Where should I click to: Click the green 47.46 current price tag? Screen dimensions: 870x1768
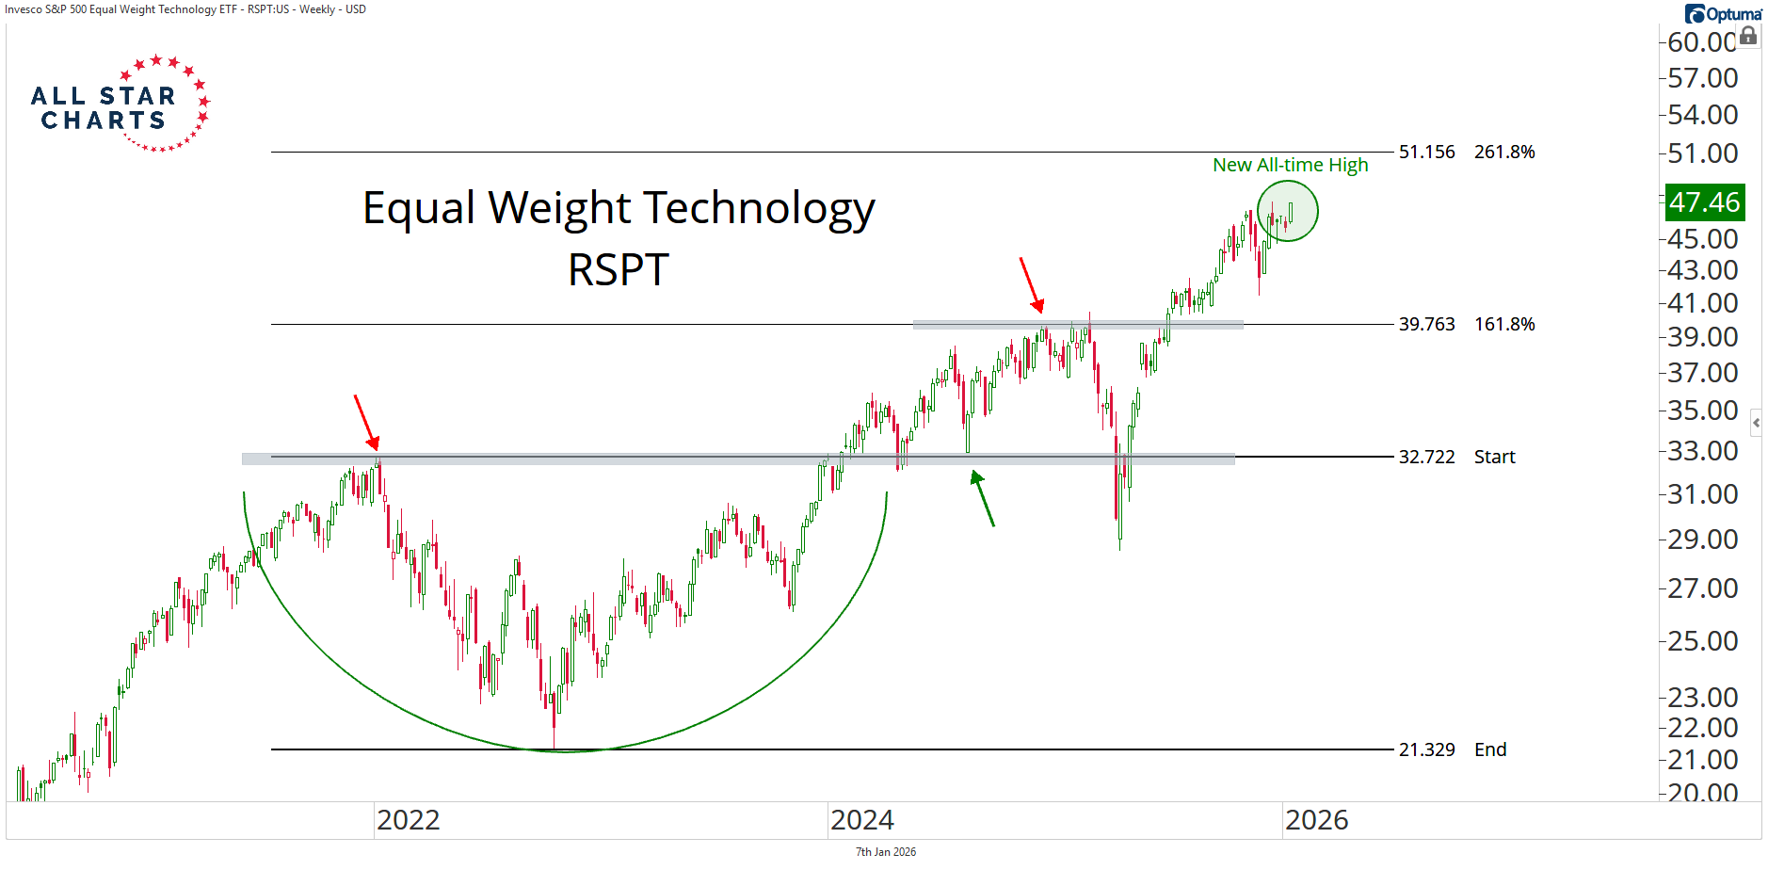[x=1704, y=202]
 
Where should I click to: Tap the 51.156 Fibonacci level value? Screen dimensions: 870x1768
[x=1426, y=152]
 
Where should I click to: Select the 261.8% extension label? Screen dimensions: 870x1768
[x=1504, y=152]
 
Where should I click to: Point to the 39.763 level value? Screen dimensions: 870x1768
[x=1426, y=324]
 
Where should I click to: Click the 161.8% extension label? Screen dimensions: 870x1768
[x=1504, y=324]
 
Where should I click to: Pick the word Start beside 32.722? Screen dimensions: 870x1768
[x=1494, y=457]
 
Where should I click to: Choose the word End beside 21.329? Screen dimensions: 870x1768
[x=1490, y=749]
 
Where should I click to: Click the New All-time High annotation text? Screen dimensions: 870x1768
[x=1290, y=165]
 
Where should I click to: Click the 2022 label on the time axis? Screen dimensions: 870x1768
[x=408, y=820]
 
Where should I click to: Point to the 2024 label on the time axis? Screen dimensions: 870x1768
[x=861, y=820]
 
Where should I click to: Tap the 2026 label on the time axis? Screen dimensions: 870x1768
[x=1316, y=820]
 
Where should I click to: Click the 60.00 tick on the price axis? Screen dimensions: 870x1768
[x=1701, y=42]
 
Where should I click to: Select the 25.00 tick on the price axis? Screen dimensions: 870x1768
[x=1702, y=641]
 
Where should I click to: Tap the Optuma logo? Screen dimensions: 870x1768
[x=1724, y=14]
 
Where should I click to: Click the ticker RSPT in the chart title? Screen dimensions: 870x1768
[x=619, y=270]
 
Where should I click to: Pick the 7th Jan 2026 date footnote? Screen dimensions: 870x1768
[x=885, y=852]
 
